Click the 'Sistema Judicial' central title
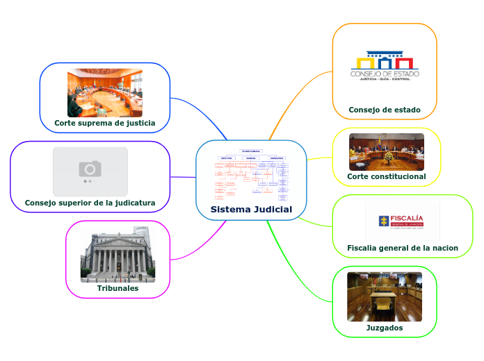click(251, 210)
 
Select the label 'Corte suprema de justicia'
click(105, 124)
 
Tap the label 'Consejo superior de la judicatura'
click(90, 203)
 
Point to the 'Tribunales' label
click(118, 288)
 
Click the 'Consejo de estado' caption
click(385, 110)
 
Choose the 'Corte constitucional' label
click(387, 176)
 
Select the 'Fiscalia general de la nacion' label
click(403, 248)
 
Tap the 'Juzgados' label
click(385, 328)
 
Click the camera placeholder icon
click(90, 170)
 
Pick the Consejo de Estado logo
click(385, 66)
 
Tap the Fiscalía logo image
click(403, 221)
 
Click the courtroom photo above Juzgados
click(385, 296)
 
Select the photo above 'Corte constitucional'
click(387, 152)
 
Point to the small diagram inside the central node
click(251, 174)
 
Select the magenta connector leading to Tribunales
click(202, 243)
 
